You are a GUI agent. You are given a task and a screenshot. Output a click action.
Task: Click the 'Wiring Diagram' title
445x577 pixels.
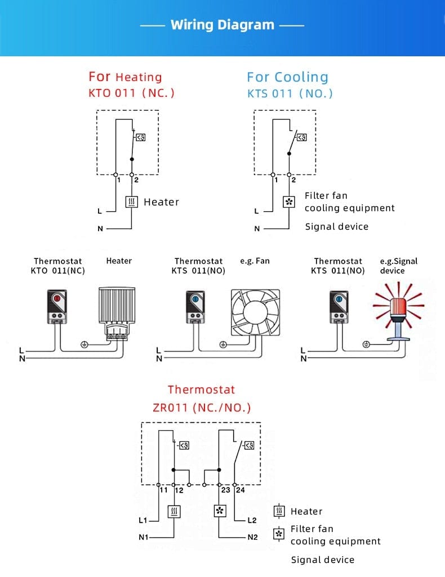[222, 25]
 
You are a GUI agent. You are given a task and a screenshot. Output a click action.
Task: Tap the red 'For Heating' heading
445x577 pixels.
[125, 77]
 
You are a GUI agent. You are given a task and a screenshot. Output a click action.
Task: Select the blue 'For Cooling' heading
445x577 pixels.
[287, 77]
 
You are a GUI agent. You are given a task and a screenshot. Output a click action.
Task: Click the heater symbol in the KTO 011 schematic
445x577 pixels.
[131, 202]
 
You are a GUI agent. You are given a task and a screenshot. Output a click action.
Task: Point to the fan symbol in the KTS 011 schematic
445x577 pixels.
[288, 202]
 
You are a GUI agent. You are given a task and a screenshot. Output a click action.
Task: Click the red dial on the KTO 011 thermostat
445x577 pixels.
[57, 299]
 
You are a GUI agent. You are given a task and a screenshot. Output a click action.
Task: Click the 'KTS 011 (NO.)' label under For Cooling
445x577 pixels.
[290, 93]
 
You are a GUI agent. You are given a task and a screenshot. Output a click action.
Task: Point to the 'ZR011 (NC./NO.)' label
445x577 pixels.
[202, 408]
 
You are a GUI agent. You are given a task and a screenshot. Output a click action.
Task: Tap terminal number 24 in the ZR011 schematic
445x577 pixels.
[241, 490]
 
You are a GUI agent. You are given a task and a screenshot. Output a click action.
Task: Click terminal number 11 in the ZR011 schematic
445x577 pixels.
[164, 490]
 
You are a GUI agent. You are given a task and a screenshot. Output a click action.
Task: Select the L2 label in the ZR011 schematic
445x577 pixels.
[252, 520]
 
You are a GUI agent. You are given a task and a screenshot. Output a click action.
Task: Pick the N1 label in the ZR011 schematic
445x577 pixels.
[144, 538]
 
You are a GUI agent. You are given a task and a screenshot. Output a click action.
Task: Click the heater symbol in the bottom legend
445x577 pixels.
[279, 511]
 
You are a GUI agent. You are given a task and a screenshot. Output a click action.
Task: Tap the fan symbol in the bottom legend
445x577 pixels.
[279, 534]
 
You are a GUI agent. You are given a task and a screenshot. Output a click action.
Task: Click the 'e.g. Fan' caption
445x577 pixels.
[255, 261]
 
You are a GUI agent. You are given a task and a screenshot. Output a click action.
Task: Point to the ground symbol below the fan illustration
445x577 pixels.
[222, 344]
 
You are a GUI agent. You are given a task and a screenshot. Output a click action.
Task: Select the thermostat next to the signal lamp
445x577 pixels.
[338, 307]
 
